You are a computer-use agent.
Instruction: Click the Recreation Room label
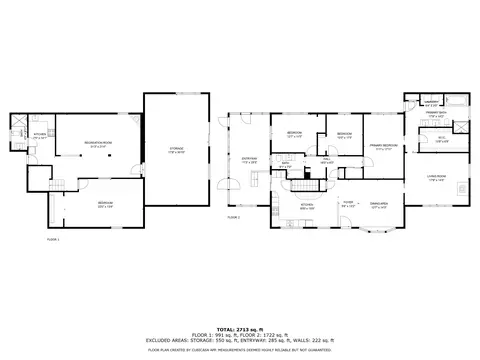click(96, 144)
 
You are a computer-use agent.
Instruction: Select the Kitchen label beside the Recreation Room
click(39, 135)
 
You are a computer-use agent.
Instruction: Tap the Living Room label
click(437, 179)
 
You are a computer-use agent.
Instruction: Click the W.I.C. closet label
click(441, 139)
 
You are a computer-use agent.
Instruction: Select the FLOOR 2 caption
click(234, 216)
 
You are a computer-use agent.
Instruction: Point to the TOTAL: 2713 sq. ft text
click(240, 328)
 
